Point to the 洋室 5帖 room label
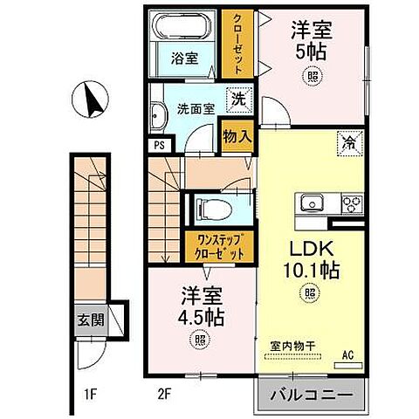coord(309,39)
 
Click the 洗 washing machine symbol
coord(237,100)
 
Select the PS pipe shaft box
coord(158,147)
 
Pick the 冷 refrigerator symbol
coord(347,140)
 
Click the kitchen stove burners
coord(351,204)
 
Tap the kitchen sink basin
coord(312,204)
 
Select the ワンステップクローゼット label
coord(213,247)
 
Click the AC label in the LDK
coord(347,354)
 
